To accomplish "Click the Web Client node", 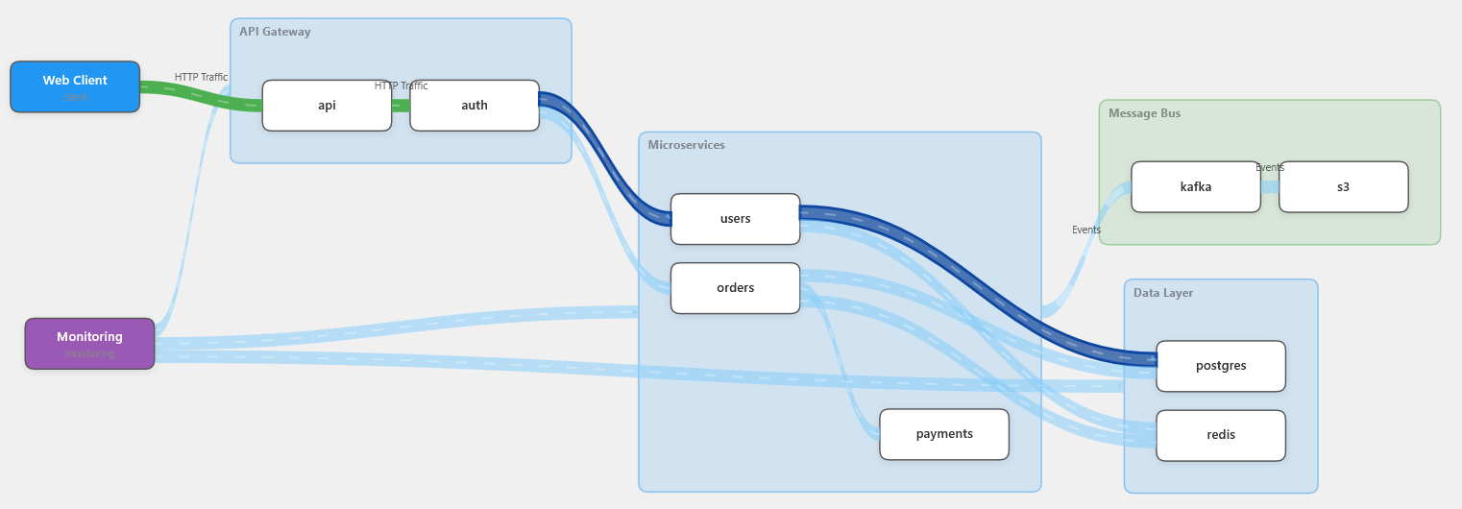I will [x=75, y=86].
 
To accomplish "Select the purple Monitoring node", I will [x=89, y=343].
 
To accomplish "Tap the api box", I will [x=327, y=106].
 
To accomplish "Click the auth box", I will [x=475, y=106].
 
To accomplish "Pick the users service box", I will [x=735, y=219].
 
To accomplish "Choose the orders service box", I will [x=735, y=288].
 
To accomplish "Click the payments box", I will [x=944, y=434].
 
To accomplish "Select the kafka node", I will [x=1196, y=187].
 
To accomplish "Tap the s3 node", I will [x=1343, y=187].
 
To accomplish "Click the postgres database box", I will [x=1221, y=366].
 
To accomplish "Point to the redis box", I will [x=1221, y=435].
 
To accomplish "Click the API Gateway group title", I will [x=275, y=32].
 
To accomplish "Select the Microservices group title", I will [x=686, y=145].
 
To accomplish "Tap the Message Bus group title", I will [x=1144, y=113].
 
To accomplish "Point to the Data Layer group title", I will [x=1163, y=293].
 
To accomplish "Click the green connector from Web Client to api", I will [x=207, y=95].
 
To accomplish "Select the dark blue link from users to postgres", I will [x=989, y=284].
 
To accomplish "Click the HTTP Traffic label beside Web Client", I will [x=201, y=77].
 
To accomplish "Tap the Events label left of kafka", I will [x=1086, y=230].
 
